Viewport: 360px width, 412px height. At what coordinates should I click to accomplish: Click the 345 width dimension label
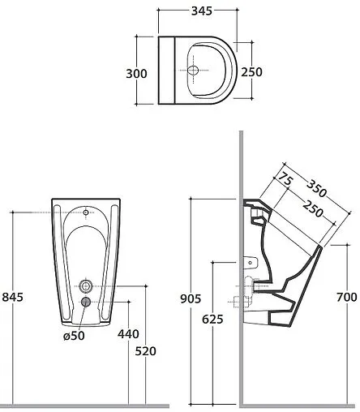(x=202, y=11)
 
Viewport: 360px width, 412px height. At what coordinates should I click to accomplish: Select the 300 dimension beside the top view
(x=136, y=74)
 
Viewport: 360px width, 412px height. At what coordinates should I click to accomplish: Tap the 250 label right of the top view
(x=251, y=72)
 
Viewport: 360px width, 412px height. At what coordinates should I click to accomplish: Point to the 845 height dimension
(x=13, y=297)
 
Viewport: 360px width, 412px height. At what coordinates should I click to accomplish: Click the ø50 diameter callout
(x=74, y=336)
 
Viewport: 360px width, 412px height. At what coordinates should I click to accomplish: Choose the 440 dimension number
(x=128, y=334)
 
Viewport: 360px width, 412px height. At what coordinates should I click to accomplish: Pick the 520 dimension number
(x=146, y=351)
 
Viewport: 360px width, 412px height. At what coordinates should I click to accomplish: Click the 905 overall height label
(x=191, y=298)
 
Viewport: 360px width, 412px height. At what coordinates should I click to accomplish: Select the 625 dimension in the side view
(x=212, y=320)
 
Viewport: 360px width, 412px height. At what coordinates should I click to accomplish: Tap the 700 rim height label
(x=347, y=297)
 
